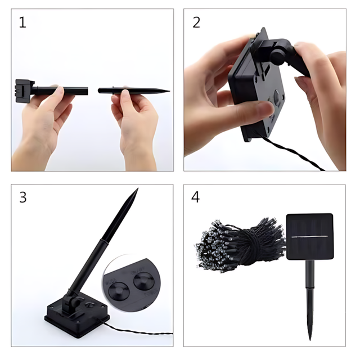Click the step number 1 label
[22, 22]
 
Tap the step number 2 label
[196, 22]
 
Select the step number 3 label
[22, 197]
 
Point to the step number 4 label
[195, 197]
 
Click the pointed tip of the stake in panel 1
[169, 91]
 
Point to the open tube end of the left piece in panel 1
[87, 91]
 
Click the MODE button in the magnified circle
[119, 291]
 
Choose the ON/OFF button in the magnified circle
[144, 281]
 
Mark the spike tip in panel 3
[138, 188]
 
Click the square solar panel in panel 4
[309, 237]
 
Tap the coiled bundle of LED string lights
[240, 245]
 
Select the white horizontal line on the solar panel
[309, 236]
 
